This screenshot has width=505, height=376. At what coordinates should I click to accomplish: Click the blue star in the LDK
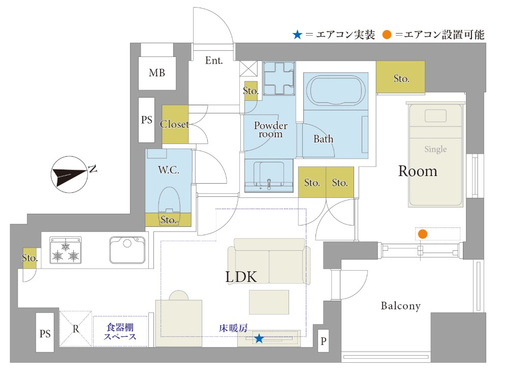pos(259,338)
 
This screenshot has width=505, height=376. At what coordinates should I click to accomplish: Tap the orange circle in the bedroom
pos(423,234)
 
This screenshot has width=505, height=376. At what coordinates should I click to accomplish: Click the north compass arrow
pos(70,175)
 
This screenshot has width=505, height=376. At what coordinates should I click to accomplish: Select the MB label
pos(157,73)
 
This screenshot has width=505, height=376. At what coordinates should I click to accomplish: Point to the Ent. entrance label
pos(214,61)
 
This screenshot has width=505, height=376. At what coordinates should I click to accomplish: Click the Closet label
pos(175,124)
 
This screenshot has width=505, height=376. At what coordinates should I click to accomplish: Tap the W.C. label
pos(169,170)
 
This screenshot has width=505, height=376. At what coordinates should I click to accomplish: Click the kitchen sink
pos(127,250)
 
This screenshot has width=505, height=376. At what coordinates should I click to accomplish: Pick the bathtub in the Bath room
pos(336,90)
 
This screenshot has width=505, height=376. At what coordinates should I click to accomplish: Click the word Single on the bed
pos(435,149)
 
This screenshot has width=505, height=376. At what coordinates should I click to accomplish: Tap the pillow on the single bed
pos(435,116)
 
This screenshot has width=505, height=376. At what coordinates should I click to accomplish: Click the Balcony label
pos(401,306)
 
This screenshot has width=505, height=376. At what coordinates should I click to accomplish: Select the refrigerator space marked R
pos(76,329)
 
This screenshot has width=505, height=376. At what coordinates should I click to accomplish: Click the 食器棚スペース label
pos(120,332)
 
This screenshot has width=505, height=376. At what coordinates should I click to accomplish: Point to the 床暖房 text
pos(233,328)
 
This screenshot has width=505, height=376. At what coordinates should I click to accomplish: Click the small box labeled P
pos(323,341)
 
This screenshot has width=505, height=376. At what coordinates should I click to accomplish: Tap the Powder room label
pos(270,130)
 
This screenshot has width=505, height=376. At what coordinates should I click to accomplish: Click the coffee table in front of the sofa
pos(269,302)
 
